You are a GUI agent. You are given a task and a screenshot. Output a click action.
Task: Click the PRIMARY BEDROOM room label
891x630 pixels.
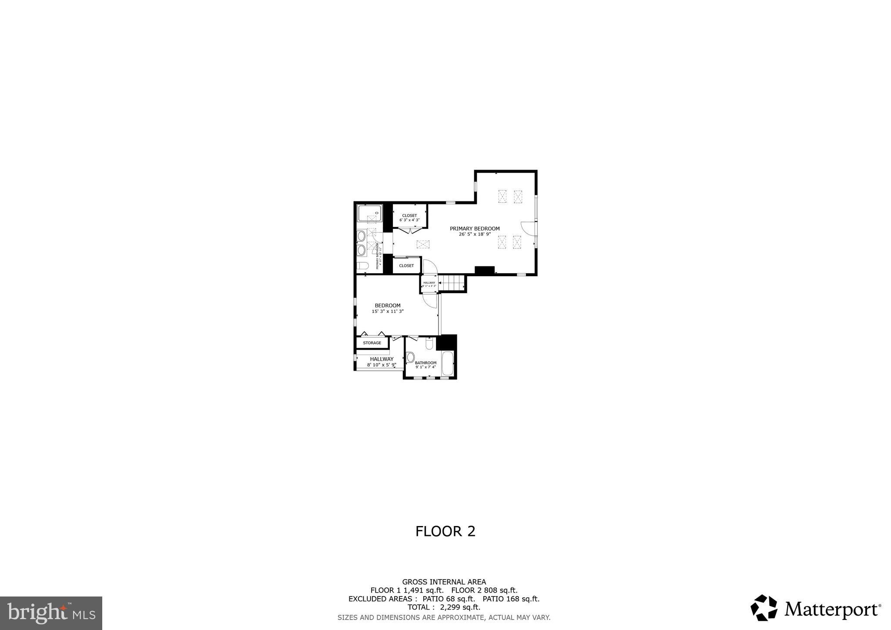pyautogui.click(x=475, y=228)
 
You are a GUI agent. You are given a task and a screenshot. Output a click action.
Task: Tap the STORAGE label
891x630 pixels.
pyautogui.click(x=372, y=343)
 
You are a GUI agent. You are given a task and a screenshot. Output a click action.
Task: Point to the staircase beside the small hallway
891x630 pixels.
pyautogui.click(x=451, y=284)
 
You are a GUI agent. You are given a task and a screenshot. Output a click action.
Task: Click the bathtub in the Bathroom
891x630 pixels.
pyautogui.click(x=447, y=363)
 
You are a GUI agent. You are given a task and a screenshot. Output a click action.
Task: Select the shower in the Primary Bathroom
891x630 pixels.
pyautogui.click(x=369, y=213)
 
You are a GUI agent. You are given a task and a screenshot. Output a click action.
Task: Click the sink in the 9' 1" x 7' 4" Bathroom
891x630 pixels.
pyautogui.click(x=410, y=358)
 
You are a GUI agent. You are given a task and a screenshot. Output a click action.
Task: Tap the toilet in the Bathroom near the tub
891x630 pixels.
pyautogui.click(x=429, y=344)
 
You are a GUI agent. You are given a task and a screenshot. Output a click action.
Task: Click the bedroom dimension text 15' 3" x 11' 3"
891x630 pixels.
pyautogui.click(x=388, y=311)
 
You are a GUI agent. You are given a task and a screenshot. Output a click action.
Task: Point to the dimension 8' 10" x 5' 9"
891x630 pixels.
pyautogui.click(x=382, y=365)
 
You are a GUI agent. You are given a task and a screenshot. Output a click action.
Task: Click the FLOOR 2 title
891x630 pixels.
pyautogui.click(x=445, y=531)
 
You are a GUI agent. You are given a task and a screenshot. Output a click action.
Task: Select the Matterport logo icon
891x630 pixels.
pyautogui.click(x=764, y=607)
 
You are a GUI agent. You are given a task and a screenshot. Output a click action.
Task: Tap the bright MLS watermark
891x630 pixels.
pyautogui.click(x=51, y=613)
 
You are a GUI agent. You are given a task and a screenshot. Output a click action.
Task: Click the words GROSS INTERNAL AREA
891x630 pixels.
pyautogui.click(x=444, y=582)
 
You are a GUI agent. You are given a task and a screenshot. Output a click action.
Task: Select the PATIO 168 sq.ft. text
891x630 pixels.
pyautogui.click(x=511, y=599)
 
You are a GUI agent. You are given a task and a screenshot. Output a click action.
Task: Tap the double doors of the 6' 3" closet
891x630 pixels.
pyautogui.click(x=409, y=230)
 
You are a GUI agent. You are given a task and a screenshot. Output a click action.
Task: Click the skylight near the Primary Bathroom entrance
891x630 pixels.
pyautogui.click(x=422, y=245)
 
